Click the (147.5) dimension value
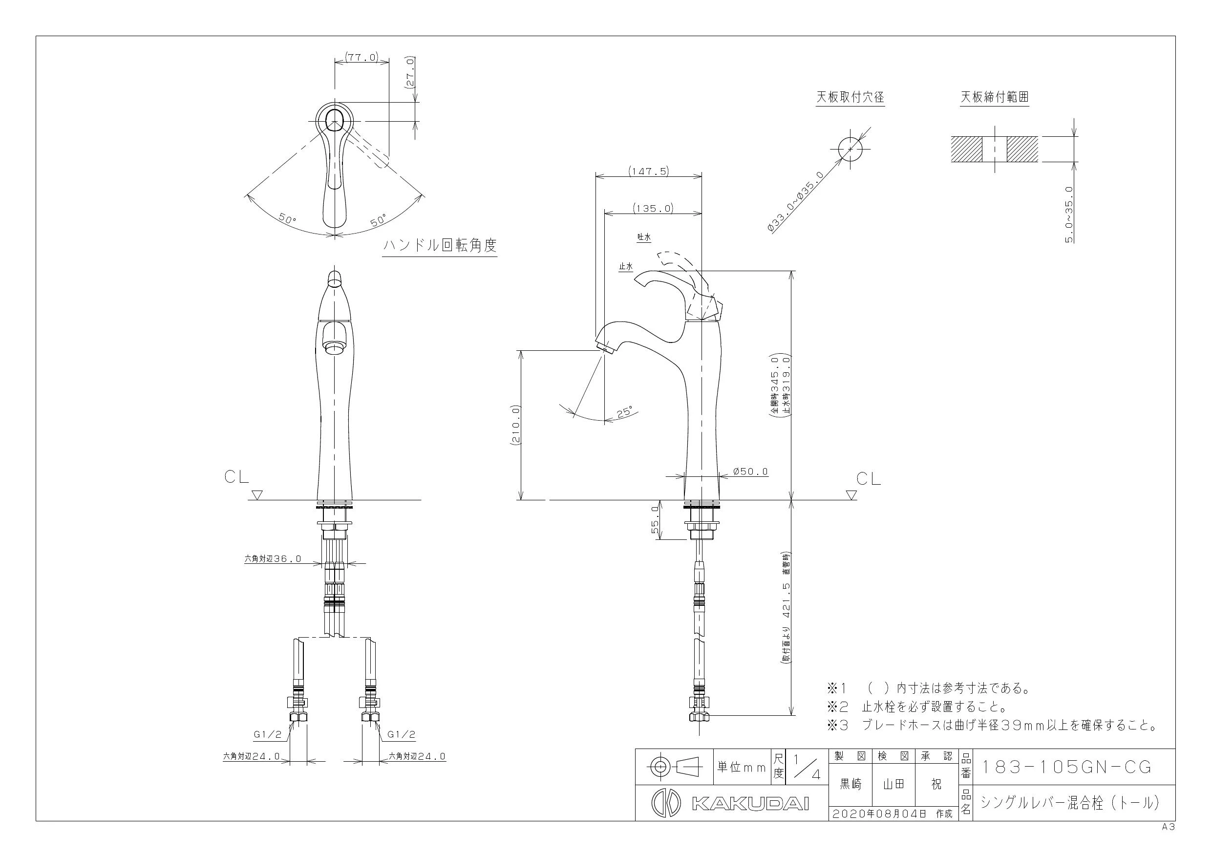click(649, 171)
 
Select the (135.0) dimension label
click(654, 209)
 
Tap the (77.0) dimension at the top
click(361, 57)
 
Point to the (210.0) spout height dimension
click(515, 425)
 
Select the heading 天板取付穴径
click(851, 97)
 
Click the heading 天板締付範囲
click(995, 97)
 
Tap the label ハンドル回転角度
click(440, 246)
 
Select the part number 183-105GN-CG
click(1066, 767)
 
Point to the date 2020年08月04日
click(879, 814)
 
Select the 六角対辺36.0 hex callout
click(273, 558)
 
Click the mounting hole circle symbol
click(851, 149)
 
